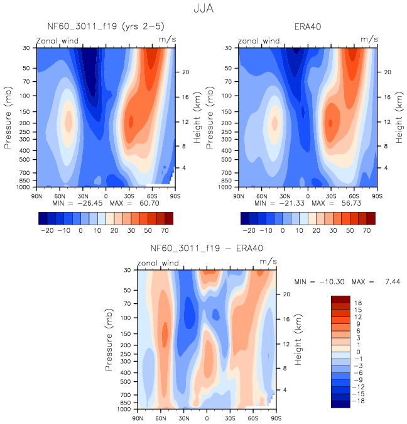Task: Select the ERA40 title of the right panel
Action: [308, 26]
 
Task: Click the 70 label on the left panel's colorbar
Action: [163, 232]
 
